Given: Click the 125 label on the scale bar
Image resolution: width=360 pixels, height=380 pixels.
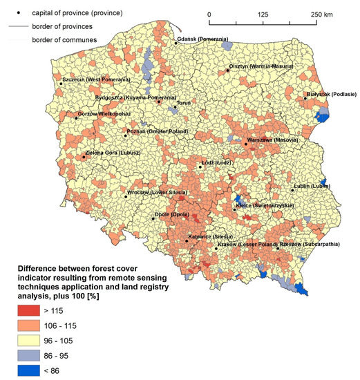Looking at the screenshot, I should [x=263, y=14].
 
